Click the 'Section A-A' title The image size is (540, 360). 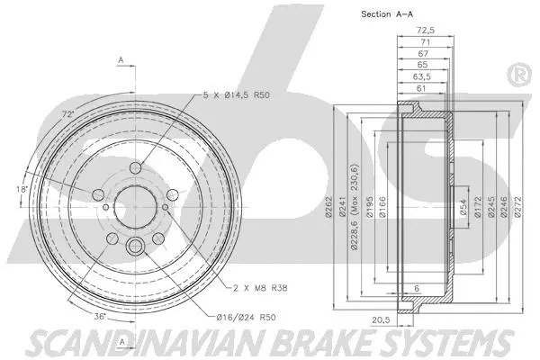tap(386, 14)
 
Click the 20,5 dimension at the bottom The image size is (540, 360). tap(406, 320)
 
